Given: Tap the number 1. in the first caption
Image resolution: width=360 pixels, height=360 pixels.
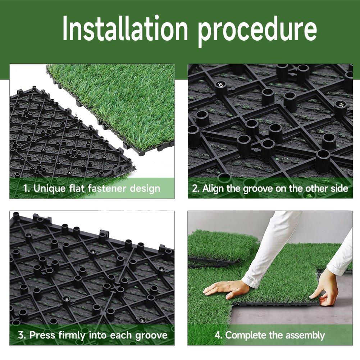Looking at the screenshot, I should tap(27, 188).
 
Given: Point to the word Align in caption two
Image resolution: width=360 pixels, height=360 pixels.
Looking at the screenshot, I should tap(213, 188).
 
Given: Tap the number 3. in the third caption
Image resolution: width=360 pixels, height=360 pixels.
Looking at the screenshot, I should tap(22, 336).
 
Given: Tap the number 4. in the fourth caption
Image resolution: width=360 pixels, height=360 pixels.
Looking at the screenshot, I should tap(218, 336).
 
